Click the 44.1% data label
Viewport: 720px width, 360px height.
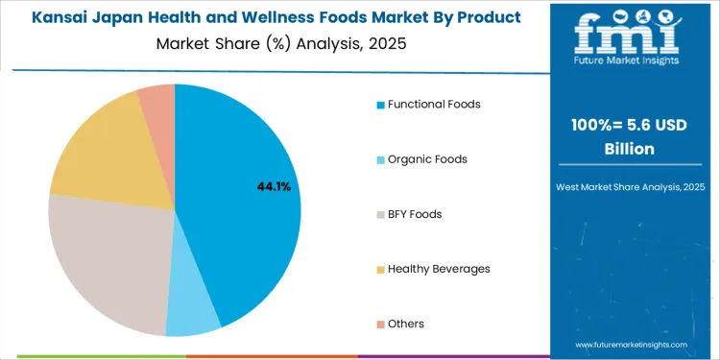[274, 186]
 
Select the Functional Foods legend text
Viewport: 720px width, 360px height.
[434, 104]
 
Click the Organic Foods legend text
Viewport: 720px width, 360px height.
[427, 158]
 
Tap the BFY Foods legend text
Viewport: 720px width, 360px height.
[415, 214]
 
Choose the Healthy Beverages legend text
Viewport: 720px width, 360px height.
[439, 269]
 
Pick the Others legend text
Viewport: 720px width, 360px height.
[406, 324]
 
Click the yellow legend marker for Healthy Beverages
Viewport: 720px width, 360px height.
[381, 269]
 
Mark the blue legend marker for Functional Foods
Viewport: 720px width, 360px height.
[381, 104]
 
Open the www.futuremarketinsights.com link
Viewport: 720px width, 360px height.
[631, 344]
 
